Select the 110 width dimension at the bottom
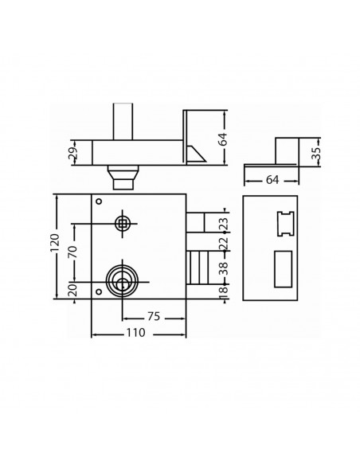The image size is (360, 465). [x=135, y=333]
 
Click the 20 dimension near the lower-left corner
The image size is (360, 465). [x=72, y=287]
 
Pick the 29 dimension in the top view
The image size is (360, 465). [x=72, y=151]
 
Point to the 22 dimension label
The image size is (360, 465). [x=223, y=242]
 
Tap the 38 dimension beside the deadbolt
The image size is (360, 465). [x=223, y=269]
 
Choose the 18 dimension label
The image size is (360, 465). [x=223, y=291]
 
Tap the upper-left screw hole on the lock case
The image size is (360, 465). [x=99, y=201]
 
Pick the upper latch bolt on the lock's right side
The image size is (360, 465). [x=197, y=221]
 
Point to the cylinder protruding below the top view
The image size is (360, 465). [x=123, y=177]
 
